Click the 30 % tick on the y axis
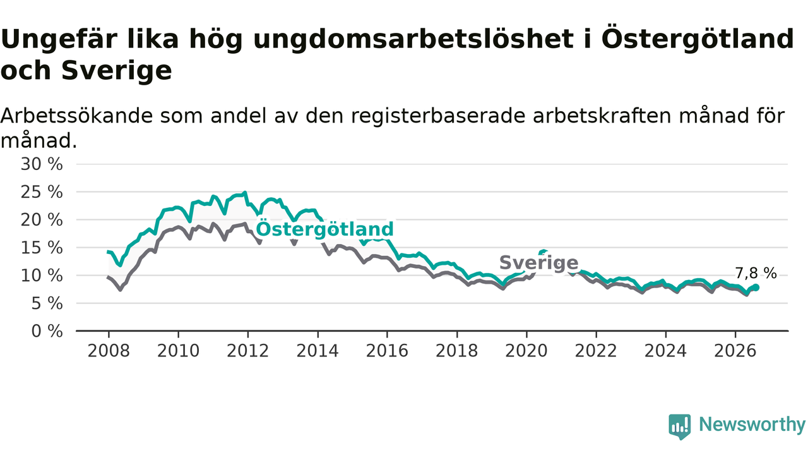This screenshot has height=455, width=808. pyautogui.click(x=42, y=164)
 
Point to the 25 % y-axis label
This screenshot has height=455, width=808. pyautogui.click(x=42, y=192)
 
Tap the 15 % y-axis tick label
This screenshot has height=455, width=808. pyautogui.click(x=42, y=248)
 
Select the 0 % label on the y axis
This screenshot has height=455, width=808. pyautogui.click(x=47, y=331)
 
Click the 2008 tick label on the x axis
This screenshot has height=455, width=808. pyautogui.click(x=109, y=351)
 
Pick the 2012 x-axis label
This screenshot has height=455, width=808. pyautogui.click(x=248, y=351)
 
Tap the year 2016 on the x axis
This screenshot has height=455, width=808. pyautogui.click(x=387, y=351)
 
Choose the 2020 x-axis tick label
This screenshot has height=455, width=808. pyautogui.click(x=526, y=351)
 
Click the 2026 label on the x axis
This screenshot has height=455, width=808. pyautogui.click(x=735, y=351)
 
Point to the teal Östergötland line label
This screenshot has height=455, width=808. pyautogui.click(x=324, y=229)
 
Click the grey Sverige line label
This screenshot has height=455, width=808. pyautogui.click(x=539, y=262)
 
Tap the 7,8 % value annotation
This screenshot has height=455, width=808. pyautogui.click(x=756, y=274)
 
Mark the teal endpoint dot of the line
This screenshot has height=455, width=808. pyautogui.click(x=756, y=288)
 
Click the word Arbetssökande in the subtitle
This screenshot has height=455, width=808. pyautogui.click(x=76, y=116)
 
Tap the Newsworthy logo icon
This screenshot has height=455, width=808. pyautogui.click(x=680, y=427)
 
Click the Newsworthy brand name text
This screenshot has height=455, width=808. pyautogui.click(x=752, y=425)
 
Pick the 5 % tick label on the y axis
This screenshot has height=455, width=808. pyautogui.click(x=47, y=304)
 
